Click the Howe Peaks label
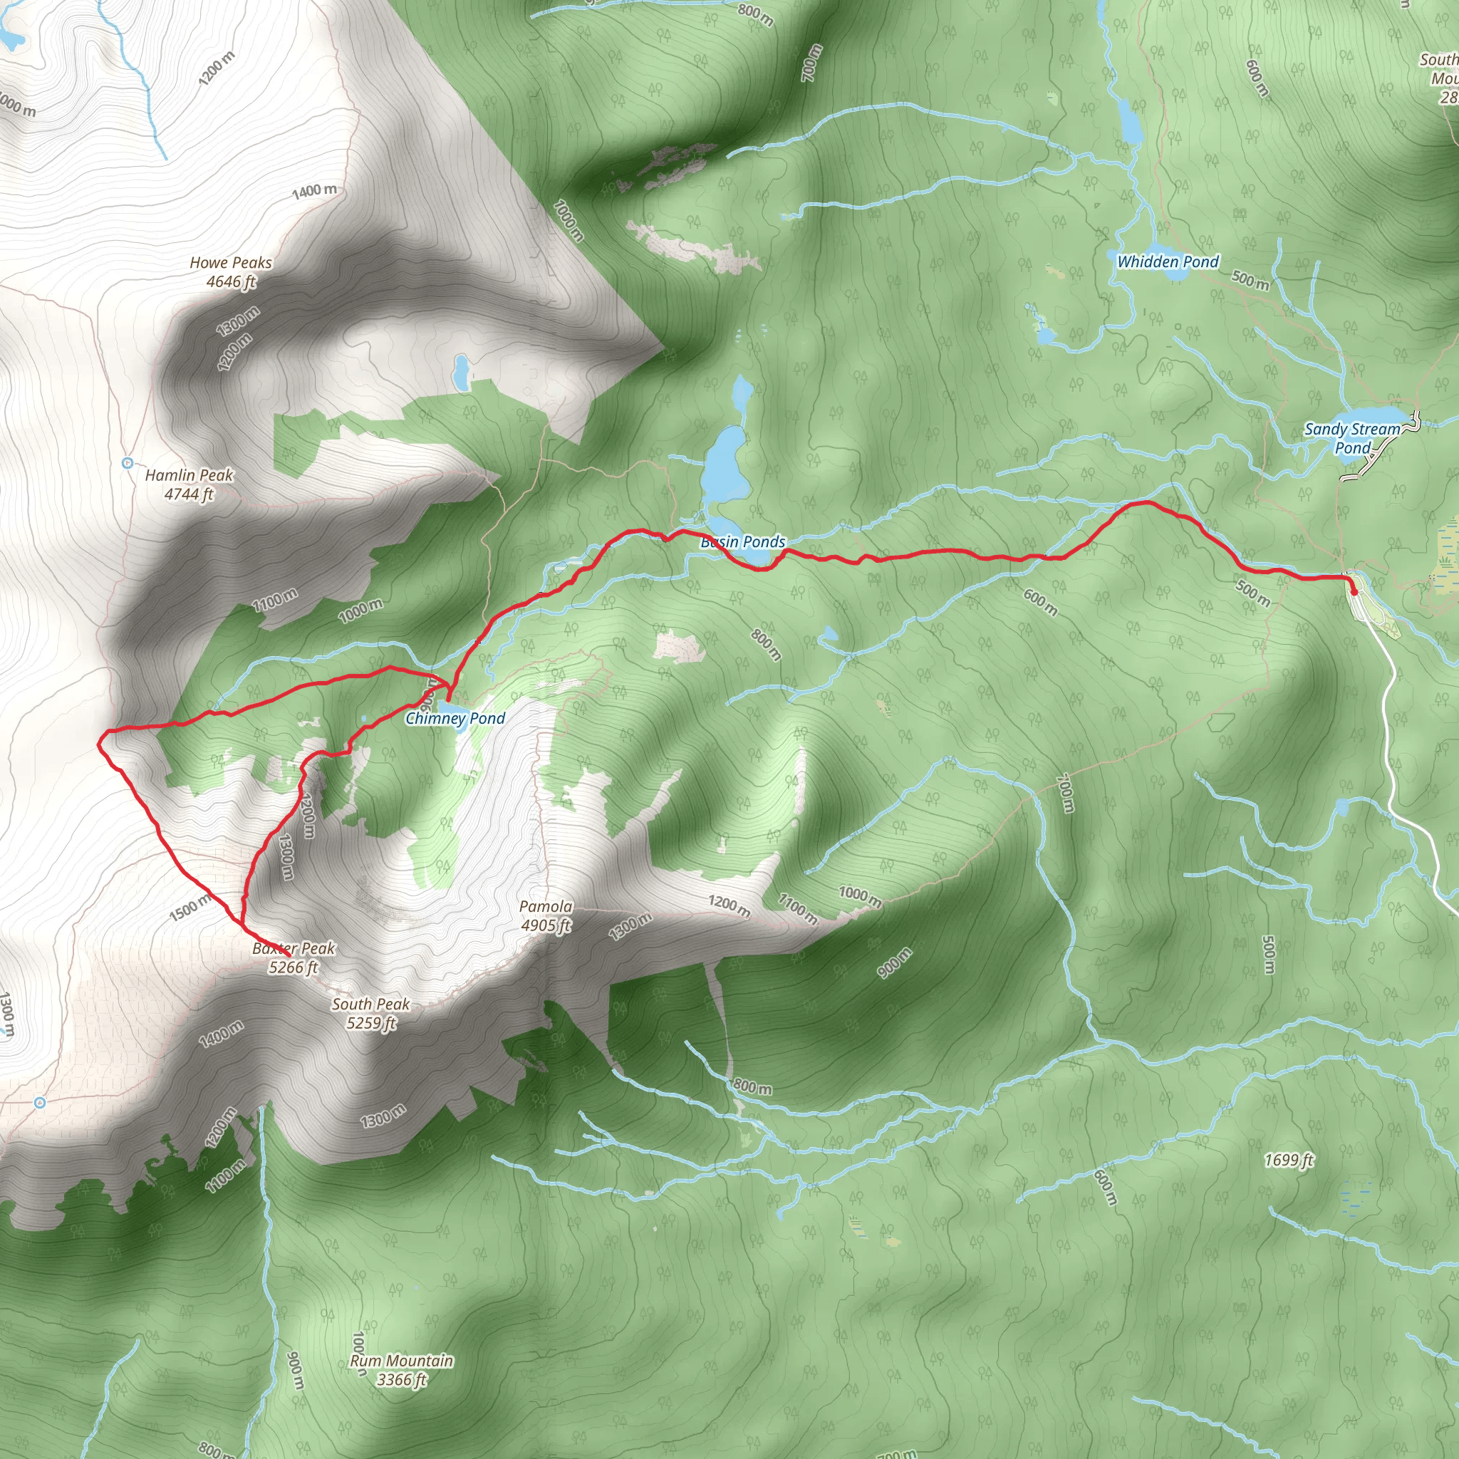tap(230, 272)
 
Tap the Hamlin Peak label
tap(189, 484)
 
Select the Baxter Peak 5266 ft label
tap(294, 957)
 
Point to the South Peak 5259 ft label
tap(370, 1014)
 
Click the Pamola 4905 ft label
tap(545, 915)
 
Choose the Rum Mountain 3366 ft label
tap(402, 1370)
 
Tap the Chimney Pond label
tap(455, 718)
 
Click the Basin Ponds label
tap(743, 541)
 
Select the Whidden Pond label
tap(1168, 261)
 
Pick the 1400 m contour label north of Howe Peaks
tap(315, 191)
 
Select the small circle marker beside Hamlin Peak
tap(128, 463)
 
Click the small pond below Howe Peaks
tap(460, 372)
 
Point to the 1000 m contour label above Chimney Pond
tap(360, 611)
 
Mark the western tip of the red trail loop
tap(100, 743)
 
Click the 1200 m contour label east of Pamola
tap(729, 906)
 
